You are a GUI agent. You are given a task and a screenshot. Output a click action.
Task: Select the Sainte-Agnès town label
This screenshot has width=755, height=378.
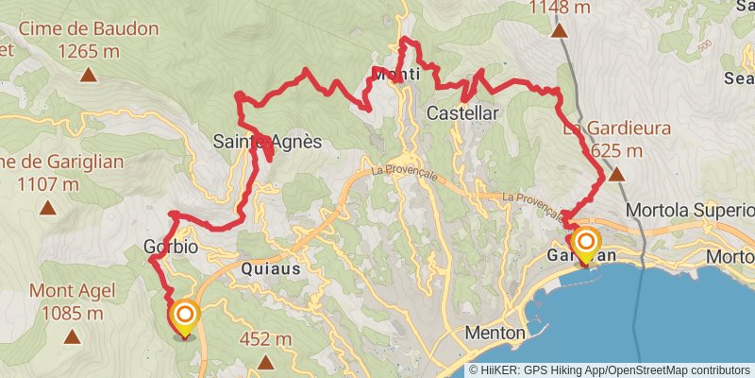(267, 143)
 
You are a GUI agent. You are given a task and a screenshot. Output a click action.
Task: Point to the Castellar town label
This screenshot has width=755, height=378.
(462, 112)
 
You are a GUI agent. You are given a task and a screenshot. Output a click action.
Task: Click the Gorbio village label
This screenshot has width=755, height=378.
(171, 248)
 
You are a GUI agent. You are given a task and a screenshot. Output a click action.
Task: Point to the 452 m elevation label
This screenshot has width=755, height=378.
(267, 339)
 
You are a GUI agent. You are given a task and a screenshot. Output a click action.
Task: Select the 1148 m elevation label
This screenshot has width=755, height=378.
(560, 9)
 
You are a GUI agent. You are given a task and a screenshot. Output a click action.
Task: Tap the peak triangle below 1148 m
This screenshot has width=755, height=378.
(560, 30)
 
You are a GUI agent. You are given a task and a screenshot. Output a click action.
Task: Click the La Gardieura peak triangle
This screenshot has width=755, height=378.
(616, 174)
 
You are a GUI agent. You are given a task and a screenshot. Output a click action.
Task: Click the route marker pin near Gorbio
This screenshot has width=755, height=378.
(184, 318)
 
